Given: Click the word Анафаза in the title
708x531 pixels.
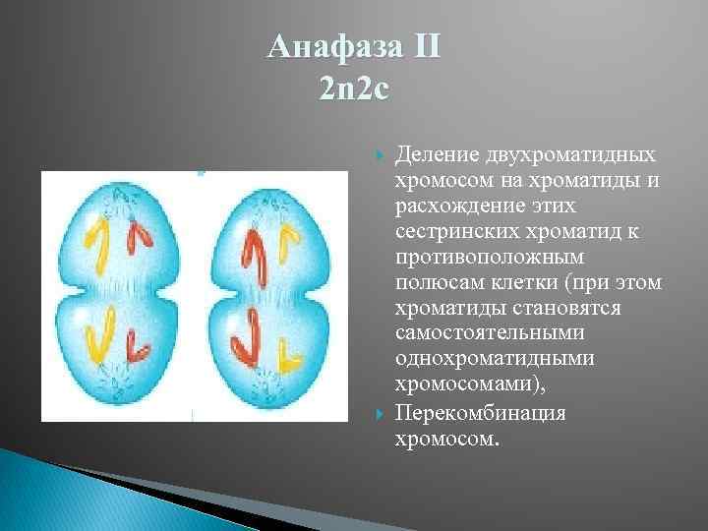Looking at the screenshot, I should [329, 47].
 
